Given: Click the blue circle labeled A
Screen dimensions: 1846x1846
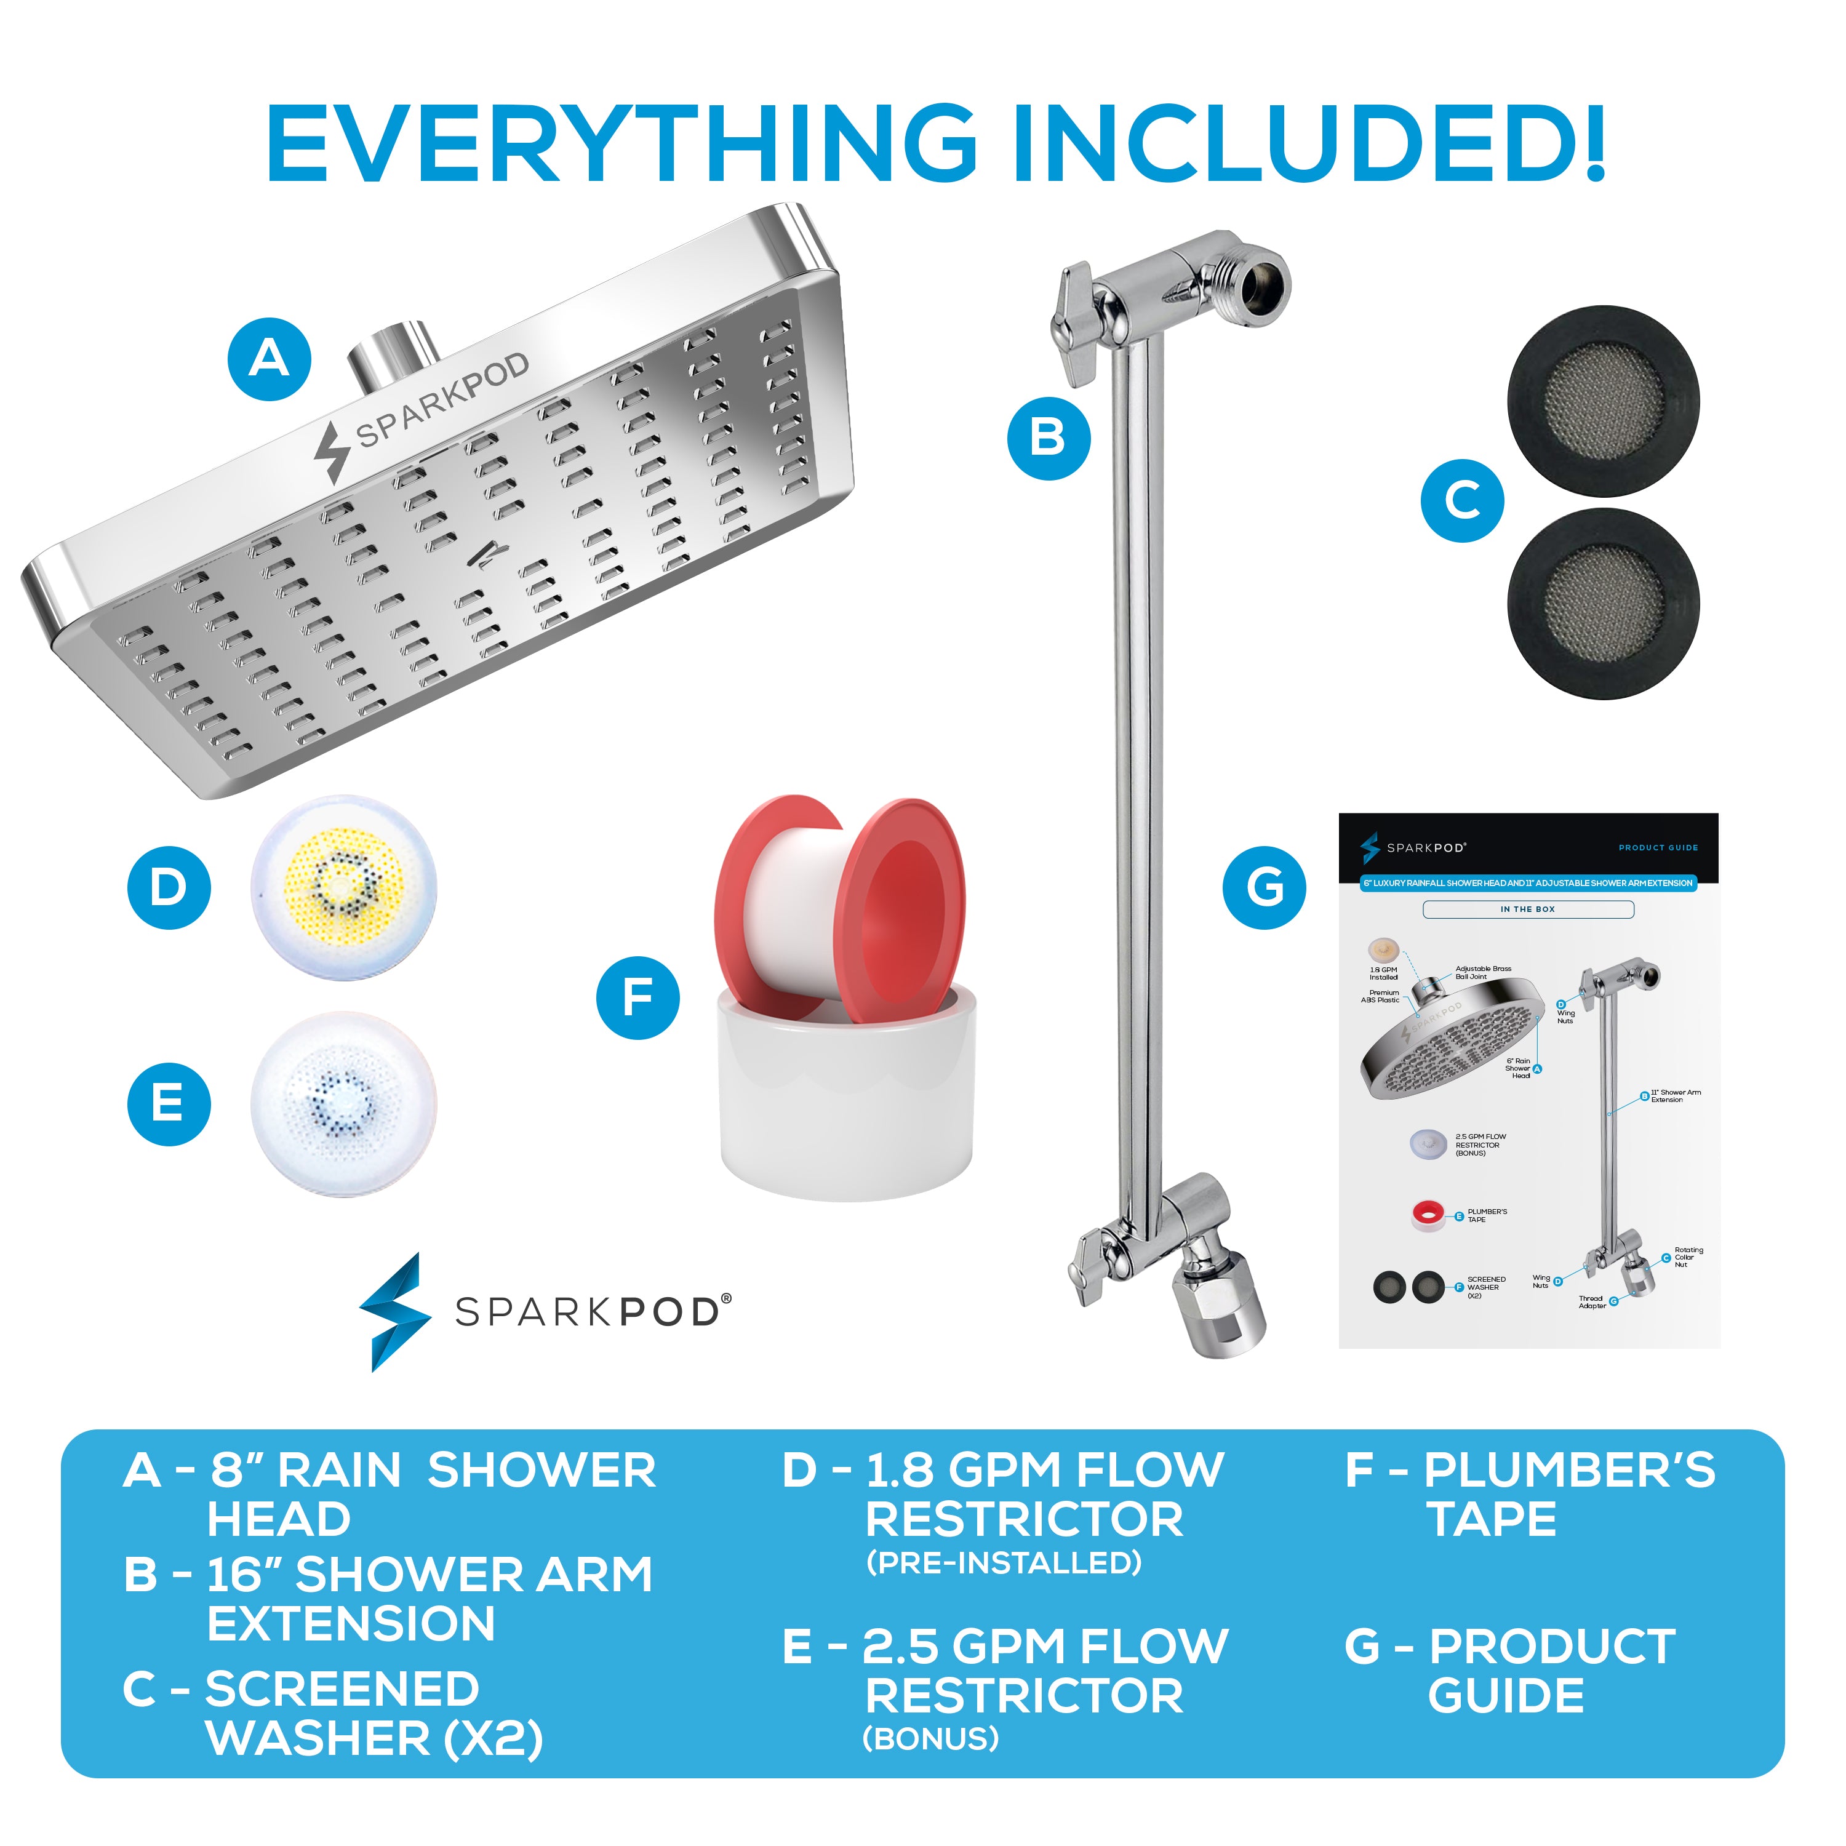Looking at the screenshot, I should pyautogui.click(x=270, y=359).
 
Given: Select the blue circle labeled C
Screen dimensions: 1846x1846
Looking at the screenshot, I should pyautogui.click(x=1462, y=501).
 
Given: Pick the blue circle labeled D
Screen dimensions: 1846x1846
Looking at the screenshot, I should pyautogui.click(x=169, y=888).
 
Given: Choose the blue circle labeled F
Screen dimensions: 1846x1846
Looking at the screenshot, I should pyautogui.click(x=637, y=997).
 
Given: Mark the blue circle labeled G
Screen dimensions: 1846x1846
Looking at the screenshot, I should pyautogui.click(x=1264, y=888).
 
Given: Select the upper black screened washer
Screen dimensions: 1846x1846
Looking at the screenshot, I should pyautogui.click(x=1604, y=401).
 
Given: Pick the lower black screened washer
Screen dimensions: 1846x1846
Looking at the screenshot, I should pyautogui.click(x=1604, y=604).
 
